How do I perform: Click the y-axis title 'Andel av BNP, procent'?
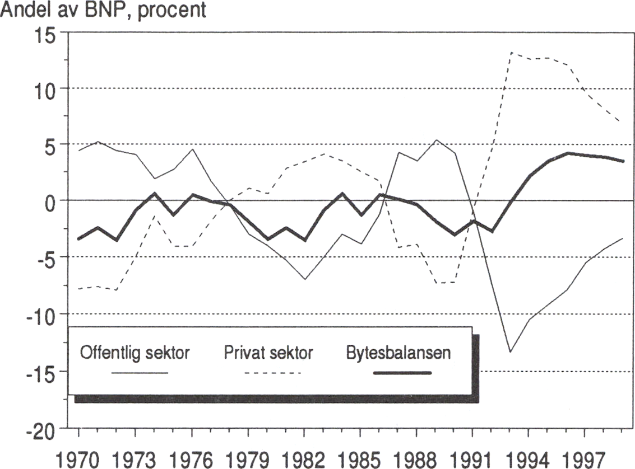tap(103, 10)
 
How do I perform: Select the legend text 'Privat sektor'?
tap(268, 354)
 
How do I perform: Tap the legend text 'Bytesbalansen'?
tap(398, 354)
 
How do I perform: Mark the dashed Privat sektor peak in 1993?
tap(511, 52)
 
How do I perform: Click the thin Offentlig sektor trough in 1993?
tap(510, 351)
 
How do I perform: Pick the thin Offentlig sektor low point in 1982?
tap(304, 279)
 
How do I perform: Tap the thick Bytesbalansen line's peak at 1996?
tap(568, 153)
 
